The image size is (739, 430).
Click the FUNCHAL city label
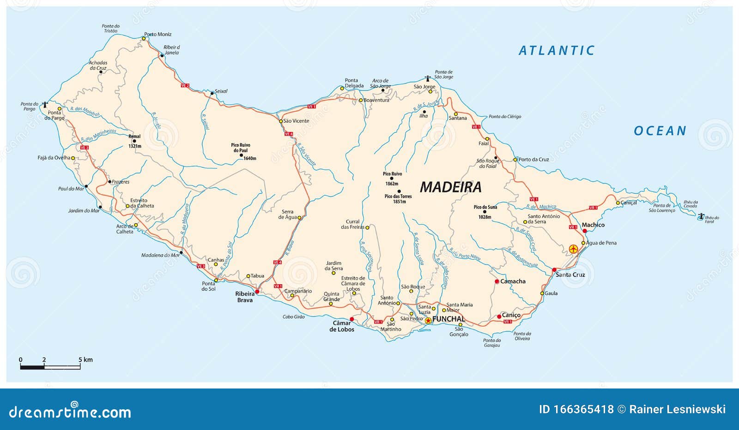click(x=448, y=319)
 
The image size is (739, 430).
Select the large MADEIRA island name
click(x=450, y=187)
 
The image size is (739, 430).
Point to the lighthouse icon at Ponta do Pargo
click(x=45, y=105)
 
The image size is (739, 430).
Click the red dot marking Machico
click(x=585, y=231)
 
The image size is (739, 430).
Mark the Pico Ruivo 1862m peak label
click(x=392, y=179)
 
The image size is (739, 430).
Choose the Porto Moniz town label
click(x=158, y=34)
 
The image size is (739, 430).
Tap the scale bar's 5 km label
click(x=85, y=360)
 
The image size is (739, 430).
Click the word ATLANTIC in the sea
click(x=557, y=50)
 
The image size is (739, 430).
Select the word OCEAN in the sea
click(x=660, y=131)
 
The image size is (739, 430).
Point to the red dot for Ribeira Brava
click(x=257, y=292)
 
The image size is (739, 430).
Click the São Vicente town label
click(x=296, y=121)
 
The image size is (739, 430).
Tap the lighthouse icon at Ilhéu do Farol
click(x=701, y=215)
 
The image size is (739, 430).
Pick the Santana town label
click(x=458, y=118)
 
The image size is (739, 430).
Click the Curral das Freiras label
click(x=352, y=224)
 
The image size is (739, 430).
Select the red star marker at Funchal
click(x=428, y=320)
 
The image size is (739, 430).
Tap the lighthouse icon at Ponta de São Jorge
click(x=428, y=79)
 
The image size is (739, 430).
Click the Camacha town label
click(x=513, y=281)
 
